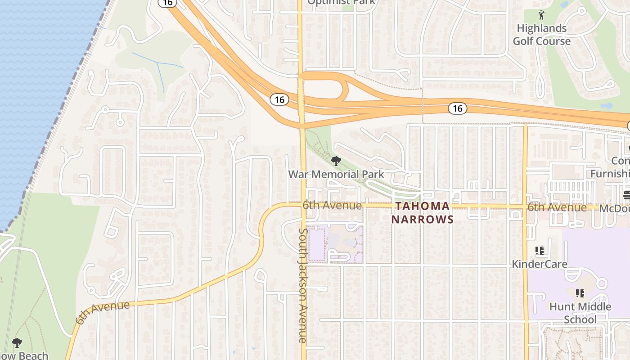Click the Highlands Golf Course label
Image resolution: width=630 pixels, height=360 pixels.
(541, 35)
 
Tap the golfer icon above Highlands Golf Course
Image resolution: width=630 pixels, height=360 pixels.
(541, 15)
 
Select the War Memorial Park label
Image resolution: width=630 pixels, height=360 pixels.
(336, 174)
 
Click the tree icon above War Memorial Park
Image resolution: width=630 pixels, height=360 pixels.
(336, 161)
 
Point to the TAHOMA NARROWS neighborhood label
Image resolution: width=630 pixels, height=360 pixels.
(422, 213)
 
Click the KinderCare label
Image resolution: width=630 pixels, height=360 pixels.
(540, 264)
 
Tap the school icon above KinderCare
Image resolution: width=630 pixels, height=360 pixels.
(540, 251)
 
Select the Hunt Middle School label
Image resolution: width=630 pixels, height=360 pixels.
(580, 313)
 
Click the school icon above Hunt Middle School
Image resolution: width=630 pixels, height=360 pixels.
(580, 293)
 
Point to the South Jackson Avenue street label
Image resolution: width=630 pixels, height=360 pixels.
(303, 286)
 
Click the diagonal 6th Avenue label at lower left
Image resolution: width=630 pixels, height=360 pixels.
(103, 312)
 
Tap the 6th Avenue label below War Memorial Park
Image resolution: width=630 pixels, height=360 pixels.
(332, 206)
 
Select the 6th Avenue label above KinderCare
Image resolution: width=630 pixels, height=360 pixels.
(557, 207)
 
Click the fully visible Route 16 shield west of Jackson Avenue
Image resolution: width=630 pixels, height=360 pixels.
(279, 99)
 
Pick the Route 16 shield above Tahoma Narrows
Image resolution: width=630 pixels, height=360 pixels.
(457, 108)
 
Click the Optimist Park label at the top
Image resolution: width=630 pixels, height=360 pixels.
(341, 2)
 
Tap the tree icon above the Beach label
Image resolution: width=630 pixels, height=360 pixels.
(17, 343)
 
